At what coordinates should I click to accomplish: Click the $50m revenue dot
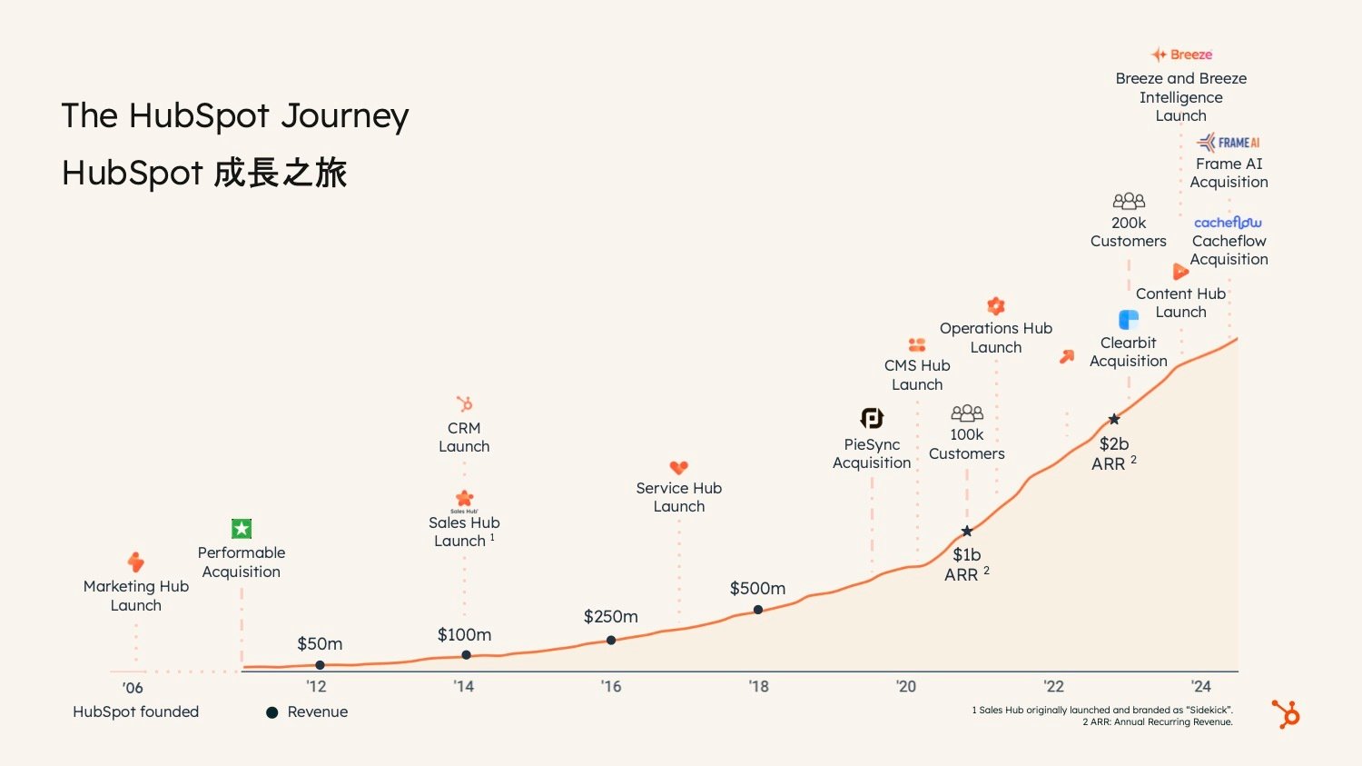(320, 665)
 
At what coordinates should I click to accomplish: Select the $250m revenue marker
(611, 641)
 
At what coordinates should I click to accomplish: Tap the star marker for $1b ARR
(967, 532)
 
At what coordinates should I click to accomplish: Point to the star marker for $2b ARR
(1114, 420)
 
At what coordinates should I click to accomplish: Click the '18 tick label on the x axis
(758, 687)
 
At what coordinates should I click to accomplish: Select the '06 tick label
(133, 688)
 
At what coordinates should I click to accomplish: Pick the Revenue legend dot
(271, 712)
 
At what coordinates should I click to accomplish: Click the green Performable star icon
(242, 529)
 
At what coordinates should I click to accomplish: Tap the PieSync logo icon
(872, 418)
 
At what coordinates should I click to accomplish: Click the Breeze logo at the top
(1181, 55)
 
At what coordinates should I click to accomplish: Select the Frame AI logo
(1229, 143)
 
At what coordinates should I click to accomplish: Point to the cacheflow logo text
(1228, 223)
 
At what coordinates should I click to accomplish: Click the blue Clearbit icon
(1129, 320)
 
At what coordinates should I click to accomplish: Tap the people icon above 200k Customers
(1129, 201)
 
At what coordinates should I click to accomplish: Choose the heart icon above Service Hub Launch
(679, 468)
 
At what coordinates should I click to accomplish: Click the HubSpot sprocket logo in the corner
(1287, 714)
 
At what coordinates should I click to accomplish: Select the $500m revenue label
(757, 589)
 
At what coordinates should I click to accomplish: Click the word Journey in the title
(345, 116)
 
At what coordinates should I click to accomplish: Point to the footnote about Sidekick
(1102, 711)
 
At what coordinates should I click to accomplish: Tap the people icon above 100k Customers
(967, 413)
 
